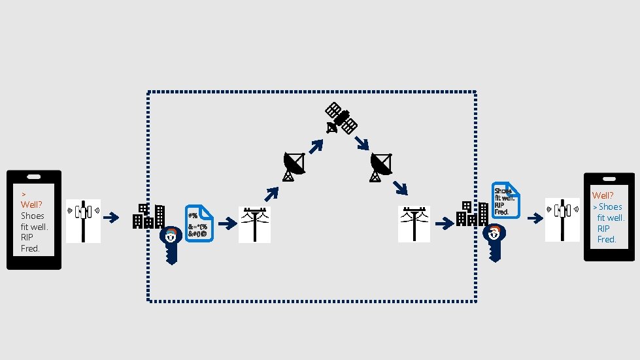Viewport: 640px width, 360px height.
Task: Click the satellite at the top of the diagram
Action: click(341, 118)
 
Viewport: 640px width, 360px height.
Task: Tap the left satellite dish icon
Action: click(293, 166)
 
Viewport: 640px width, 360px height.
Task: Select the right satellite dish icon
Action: click(380, 167)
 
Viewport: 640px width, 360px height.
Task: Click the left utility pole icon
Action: click(254, 224)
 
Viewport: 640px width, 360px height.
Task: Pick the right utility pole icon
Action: click(414, 224)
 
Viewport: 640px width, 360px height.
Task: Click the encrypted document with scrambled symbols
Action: click(199, 223)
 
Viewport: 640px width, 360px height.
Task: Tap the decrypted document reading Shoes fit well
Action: click(505, 200)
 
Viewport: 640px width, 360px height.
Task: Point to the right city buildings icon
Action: click(471, 214)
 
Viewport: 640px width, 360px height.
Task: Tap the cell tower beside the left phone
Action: click(83, 221)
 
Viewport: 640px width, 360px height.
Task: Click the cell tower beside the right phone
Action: click(562, 220)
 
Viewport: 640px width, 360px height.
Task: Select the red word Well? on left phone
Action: click(31, 205)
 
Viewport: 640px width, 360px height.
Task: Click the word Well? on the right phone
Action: click(603, 195)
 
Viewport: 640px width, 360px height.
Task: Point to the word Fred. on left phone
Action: click(30, 248)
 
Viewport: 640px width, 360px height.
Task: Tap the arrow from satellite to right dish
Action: click(362, 142)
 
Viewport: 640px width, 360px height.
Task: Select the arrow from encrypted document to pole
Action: click(227, 224)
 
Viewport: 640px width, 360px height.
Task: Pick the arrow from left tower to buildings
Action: click(112, 218)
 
